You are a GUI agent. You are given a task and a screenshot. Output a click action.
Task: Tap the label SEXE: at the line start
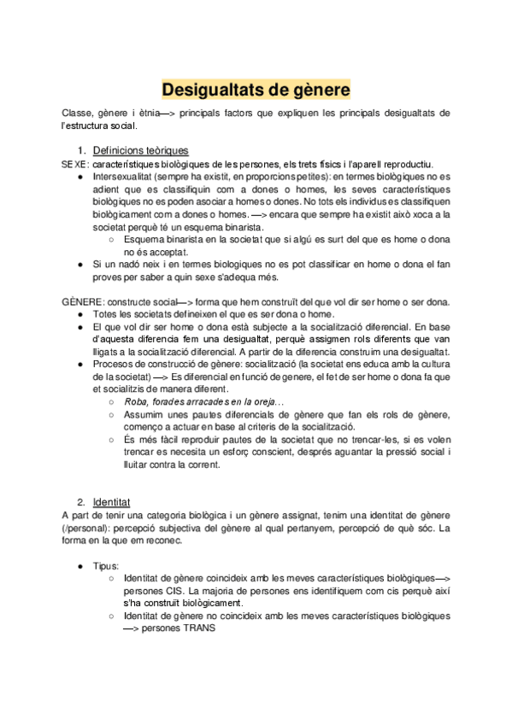[75, 164]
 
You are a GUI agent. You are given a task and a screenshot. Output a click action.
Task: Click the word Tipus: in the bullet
[108, 565]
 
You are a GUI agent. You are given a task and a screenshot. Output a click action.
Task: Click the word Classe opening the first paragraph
[77, 114]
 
